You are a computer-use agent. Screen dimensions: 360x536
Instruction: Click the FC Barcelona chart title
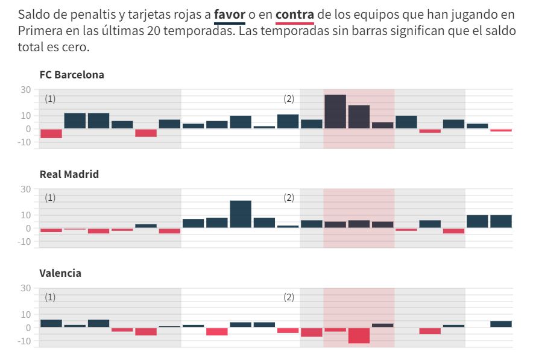(x=72, y=75)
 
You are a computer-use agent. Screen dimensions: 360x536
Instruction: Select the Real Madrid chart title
(x=69, y=174)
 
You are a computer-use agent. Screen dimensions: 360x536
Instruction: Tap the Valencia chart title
(x=60, y=273)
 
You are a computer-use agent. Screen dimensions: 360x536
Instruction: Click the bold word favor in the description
(x=229, y=14)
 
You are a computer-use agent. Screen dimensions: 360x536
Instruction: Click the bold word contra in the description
(x=295, y=14)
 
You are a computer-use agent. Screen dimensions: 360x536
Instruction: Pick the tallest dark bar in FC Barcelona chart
(x=335, y=112)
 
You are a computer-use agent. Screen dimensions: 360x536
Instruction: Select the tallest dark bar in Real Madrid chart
(x=241, y=214)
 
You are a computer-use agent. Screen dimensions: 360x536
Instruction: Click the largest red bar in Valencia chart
(x=359, y=335)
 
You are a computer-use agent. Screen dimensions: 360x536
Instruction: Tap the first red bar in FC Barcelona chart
(x=51, y=133)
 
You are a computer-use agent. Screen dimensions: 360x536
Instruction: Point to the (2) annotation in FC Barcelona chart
(x=289, y=99)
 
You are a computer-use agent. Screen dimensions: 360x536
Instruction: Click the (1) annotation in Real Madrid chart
(x=50, y=198)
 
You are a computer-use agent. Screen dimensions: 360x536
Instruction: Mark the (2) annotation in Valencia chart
(x=289, y=297)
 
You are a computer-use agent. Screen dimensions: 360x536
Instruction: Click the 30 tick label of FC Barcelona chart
(x=26, y=90)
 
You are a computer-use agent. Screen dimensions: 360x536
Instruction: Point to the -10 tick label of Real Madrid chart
(x=24, y=242)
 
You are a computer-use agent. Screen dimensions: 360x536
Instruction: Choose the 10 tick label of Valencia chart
(x=26, y=314)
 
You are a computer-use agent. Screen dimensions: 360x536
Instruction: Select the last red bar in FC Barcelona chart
(x=501, y=130)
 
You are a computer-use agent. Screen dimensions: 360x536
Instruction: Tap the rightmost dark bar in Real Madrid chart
(x=501, y=221)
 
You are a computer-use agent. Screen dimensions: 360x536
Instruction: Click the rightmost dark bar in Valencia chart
(x=501, y=324)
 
